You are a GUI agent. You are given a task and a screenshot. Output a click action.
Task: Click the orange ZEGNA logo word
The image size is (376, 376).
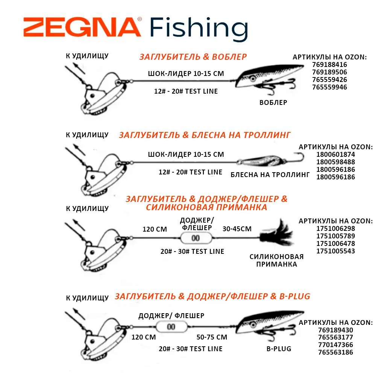click(82, 27)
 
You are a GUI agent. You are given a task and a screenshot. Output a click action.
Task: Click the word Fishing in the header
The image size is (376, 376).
click(199, 29)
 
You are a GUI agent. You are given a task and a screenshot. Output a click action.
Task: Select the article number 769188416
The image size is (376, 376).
click(329, 65)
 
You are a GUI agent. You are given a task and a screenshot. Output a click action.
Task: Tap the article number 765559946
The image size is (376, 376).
click(329, 87)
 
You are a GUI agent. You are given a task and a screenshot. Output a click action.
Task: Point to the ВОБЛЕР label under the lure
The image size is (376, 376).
click(273, 102)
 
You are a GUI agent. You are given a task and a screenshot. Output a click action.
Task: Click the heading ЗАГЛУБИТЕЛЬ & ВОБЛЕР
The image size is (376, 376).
click(193, 57)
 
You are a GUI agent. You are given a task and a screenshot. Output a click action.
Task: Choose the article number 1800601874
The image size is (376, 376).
click(335, 155)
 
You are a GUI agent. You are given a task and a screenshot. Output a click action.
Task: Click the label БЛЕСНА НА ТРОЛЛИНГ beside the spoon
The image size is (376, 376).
click(270, 174)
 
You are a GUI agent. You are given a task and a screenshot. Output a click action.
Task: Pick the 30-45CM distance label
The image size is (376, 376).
click(237, 229)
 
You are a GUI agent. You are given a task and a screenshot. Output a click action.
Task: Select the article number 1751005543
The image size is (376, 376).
click(335, 251)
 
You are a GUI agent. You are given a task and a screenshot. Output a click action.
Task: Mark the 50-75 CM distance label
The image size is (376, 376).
click(212, 337)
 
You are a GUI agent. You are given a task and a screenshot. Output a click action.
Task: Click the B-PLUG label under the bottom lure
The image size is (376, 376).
click(279, 349)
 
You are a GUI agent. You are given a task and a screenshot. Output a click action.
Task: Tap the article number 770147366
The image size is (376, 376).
click(335, 345)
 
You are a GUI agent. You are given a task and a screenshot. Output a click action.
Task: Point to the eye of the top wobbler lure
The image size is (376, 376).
click(253, 79)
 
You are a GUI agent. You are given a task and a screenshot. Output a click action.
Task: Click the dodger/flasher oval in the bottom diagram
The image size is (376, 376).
click(171, 327)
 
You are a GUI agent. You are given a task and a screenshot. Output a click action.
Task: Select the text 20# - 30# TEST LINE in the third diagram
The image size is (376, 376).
click(192, 251)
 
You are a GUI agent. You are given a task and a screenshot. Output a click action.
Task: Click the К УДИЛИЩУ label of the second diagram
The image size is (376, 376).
click(87, 135)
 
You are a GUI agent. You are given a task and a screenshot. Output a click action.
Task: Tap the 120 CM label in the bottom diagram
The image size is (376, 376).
click(143, 337)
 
